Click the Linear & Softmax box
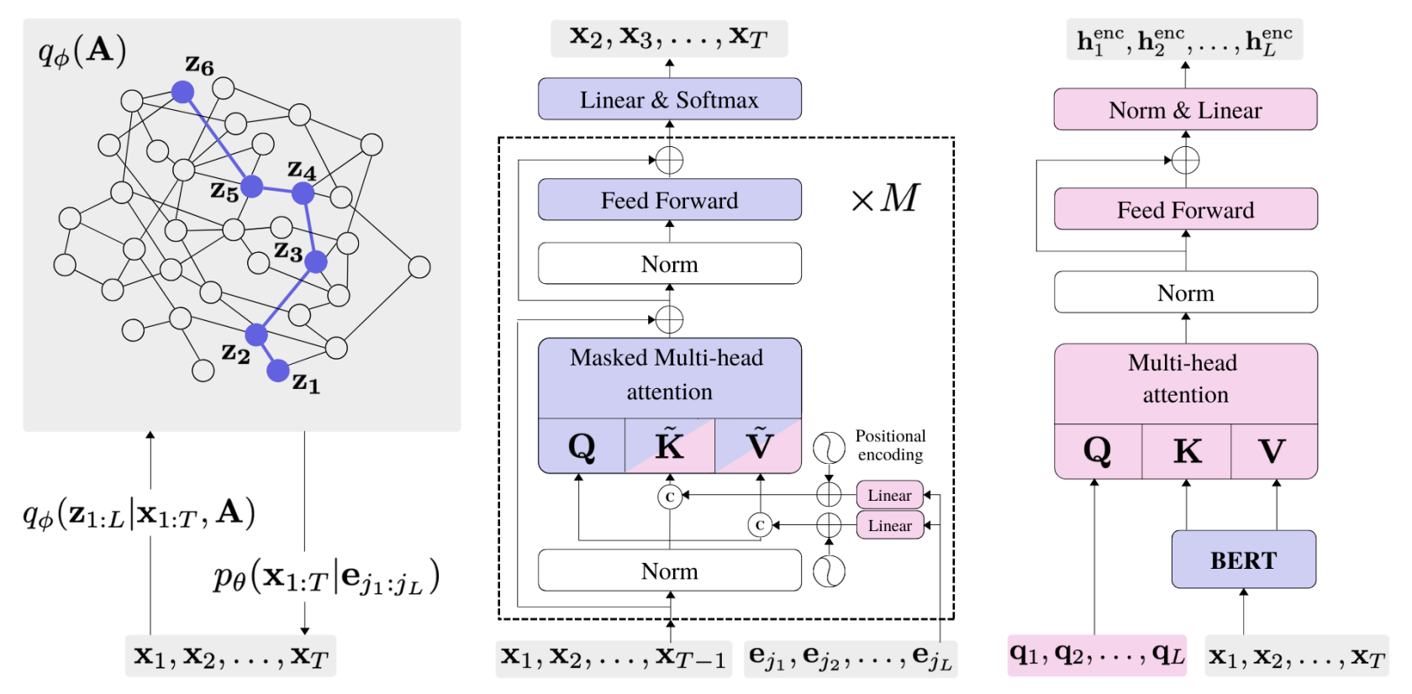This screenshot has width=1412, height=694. [669, 99]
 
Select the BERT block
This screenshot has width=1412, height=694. [1243, 560]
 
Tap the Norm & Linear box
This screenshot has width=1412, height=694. [1185, 110]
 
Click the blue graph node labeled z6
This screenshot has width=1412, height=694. [182, 92]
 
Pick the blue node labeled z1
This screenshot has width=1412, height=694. [278, 371]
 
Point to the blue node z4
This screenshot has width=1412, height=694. [303, 193]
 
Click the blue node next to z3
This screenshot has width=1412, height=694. [315, 262]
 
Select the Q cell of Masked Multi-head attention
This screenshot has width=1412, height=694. [582, 446]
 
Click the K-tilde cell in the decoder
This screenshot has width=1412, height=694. [670, 446]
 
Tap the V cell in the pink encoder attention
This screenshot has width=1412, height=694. [1273, 451]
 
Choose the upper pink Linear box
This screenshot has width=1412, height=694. [889, 495]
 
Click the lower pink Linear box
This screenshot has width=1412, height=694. [889, 526]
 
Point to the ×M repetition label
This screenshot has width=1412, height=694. [885, 198]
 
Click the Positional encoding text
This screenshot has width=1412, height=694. [890, 445]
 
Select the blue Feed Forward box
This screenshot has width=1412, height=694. [669, 200]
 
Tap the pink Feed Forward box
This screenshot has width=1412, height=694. [1185, 209]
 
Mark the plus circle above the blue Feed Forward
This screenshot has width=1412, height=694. [669, 160]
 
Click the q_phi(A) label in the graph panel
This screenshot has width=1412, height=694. [82, 51]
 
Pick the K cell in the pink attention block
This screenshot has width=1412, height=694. [1186, 451]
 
